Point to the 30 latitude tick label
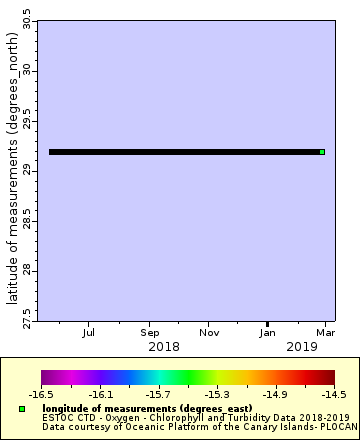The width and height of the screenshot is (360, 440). click(x=27, y=71)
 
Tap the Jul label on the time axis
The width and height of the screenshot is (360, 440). click(x=89, y=331)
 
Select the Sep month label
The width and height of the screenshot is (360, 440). click(x=150, y=331)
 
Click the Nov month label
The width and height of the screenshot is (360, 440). click(x=209, y=331)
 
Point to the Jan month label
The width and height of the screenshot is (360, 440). click(x=268, y=331)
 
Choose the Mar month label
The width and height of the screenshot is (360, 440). click(x=325, y=331)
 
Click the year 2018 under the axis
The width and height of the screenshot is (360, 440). click(x=163, y=346)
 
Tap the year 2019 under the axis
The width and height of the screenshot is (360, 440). click(x=303, y=346)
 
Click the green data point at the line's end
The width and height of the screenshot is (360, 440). click(x=322, y=152)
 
